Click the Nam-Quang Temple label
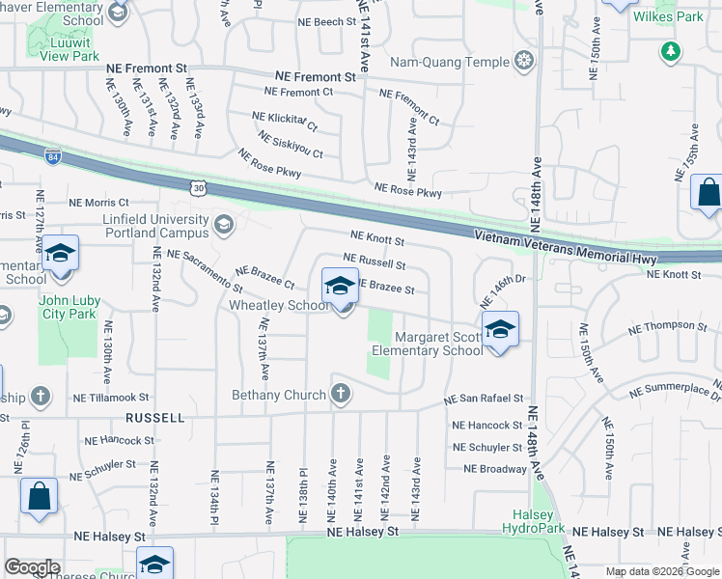(x=460, y=63)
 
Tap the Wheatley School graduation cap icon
(x=340, y=287)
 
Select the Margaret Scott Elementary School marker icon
(x=500, y=329)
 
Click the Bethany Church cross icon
(x=340, y=393)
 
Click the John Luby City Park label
(x=68, y=307)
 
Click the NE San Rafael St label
(x=483, y=398)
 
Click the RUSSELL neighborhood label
(x=154, y=418)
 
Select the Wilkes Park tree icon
(x=669, y=49)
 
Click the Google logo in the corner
(x=32, y=566)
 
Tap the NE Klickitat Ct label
(x=284, y=121)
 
